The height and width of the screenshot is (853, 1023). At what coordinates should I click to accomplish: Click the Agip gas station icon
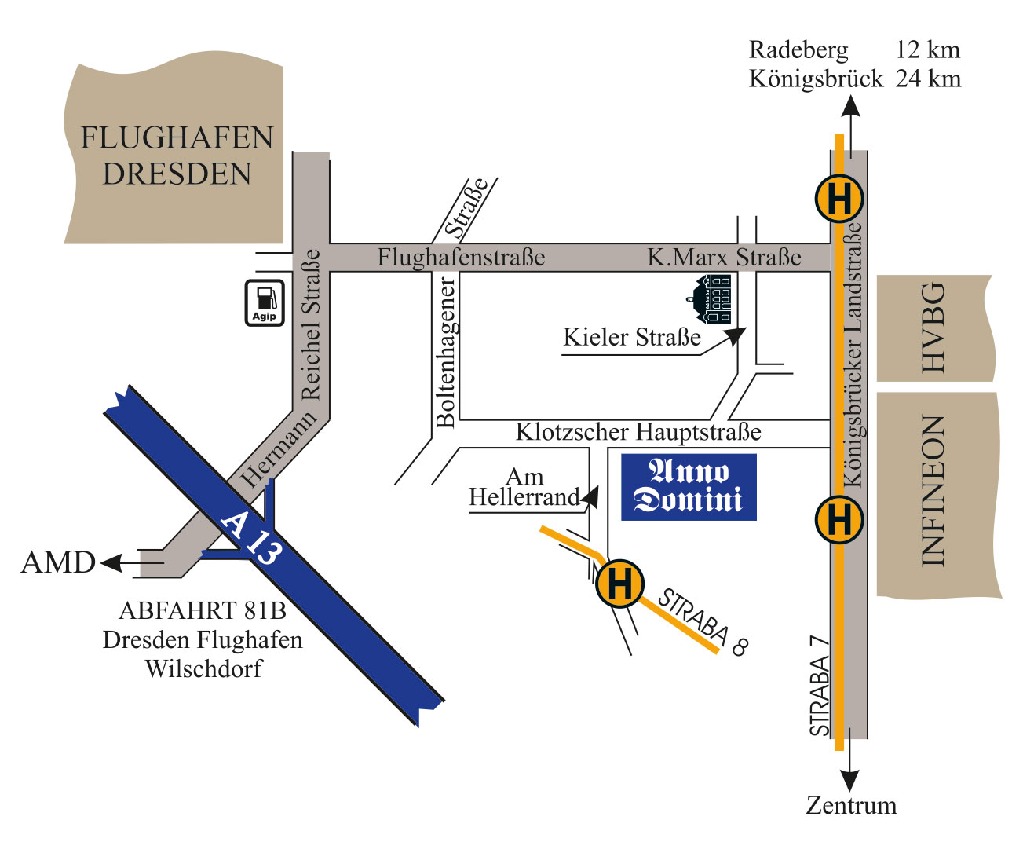(x=265, y=302)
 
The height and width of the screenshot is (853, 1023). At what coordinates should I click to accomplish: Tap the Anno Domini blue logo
(x=689, y=487)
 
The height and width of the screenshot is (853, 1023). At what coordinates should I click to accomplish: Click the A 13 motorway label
(x=250, y=539)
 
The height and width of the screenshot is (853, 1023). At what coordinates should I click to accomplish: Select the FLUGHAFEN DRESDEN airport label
(x=177, y=156)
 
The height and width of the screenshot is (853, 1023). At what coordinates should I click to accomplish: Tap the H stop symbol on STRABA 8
(x=620, y=584)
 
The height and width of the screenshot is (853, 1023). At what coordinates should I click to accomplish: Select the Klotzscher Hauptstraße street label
(x=638, y=432)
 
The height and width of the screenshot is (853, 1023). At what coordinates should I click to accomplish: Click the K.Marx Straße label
(x=724, y=258)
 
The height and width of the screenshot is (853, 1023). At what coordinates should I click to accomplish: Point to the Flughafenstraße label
(x=461, y=258)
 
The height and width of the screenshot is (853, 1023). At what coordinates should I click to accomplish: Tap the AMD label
(x=58, y=562)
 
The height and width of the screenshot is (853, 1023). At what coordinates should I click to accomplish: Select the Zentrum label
(x=851, y=805)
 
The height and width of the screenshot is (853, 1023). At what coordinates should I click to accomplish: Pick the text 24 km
(x=928, y=79)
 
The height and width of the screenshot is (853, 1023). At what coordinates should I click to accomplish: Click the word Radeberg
(x=798, y=50)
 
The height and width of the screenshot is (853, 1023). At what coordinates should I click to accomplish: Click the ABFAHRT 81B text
(x=203, y=610)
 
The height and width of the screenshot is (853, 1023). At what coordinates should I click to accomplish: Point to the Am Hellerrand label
(x=524, y=487)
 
